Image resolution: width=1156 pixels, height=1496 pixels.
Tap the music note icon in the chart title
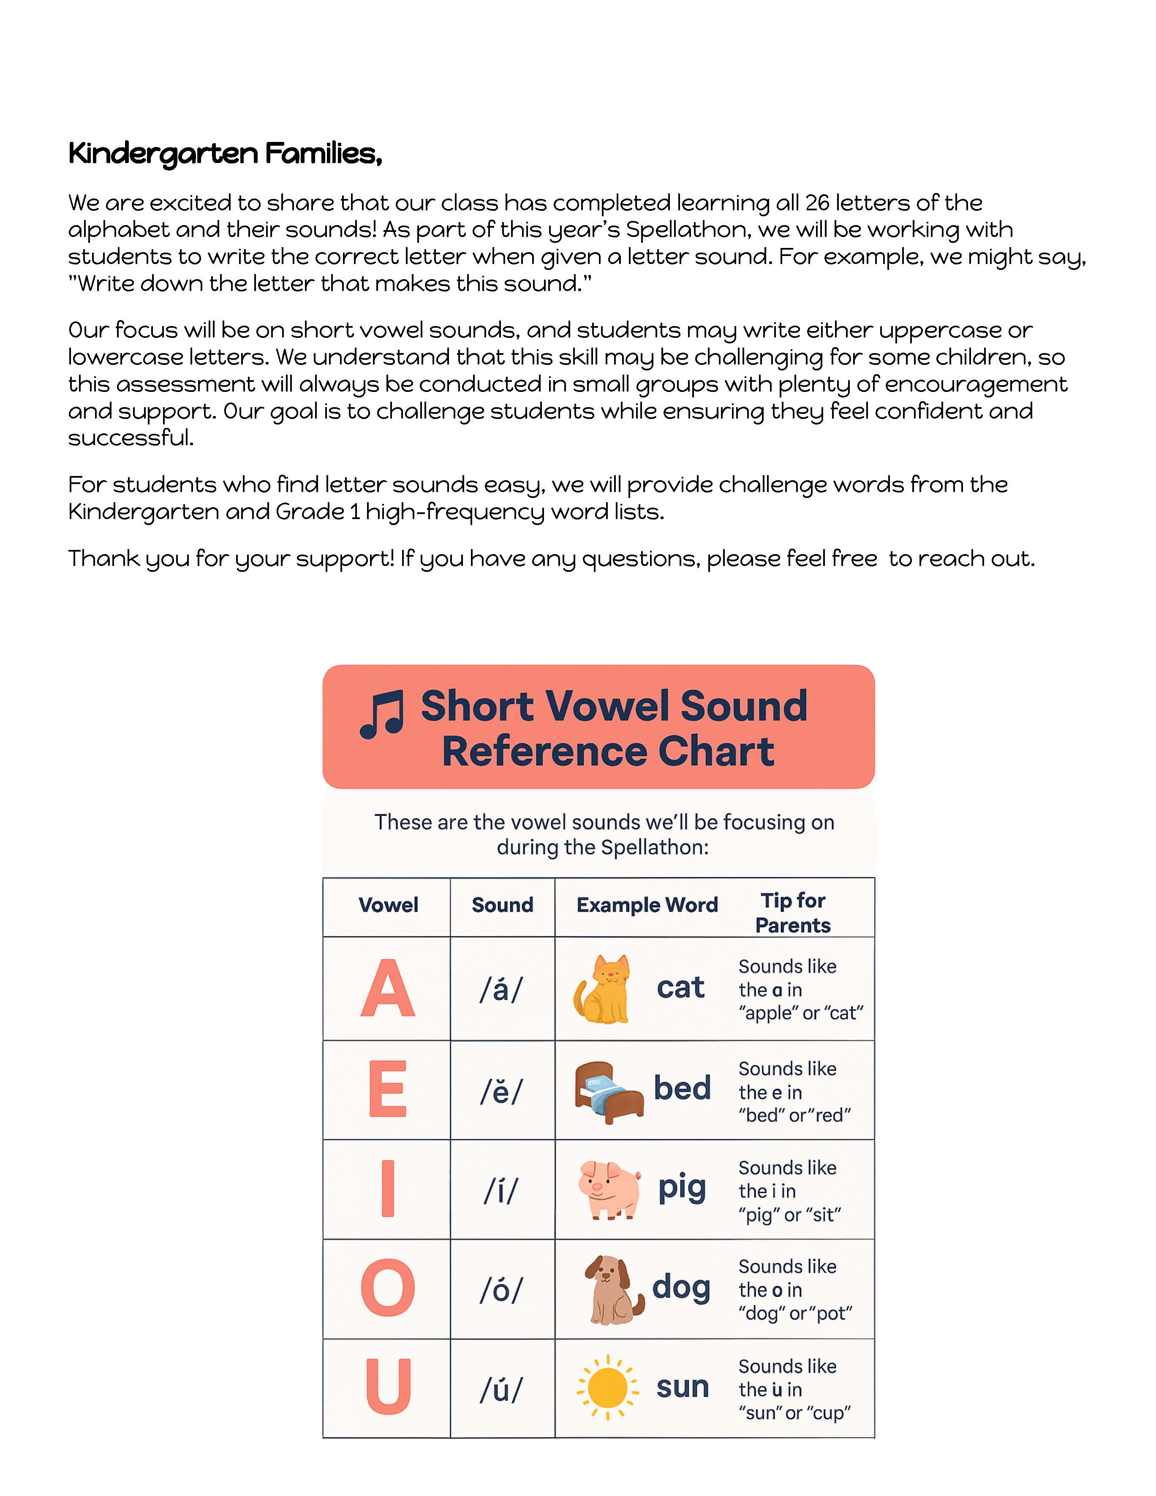pos(381,715)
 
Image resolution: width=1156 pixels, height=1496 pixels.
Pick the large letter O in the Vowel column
pos(388,1288)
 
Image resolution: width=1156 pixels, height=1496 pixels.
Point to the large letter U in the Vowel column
pos(388,1387)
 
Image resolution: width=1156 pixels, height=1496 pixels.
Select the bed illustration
pos(608,1091)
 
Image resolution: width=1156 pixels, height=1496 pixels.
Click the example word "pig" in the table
pos(681,1189)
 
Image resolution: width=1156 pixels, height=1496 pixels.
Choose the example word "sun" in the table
pos(682,1387)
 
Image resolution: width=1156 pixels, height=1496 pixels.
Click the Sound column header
pos(502,905)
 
